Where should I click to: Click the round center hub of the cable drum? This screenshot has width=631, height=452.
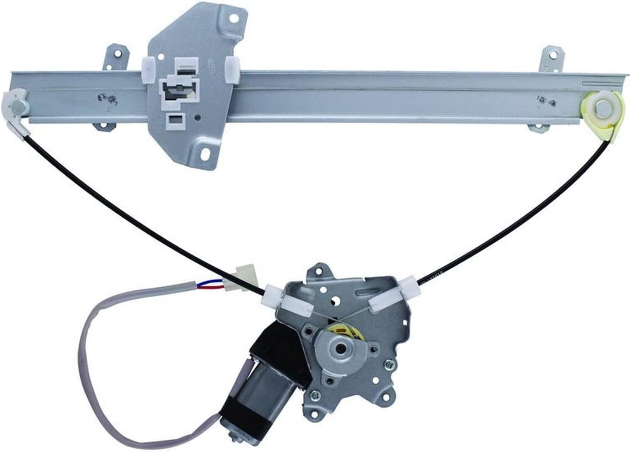pos(339,349)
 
